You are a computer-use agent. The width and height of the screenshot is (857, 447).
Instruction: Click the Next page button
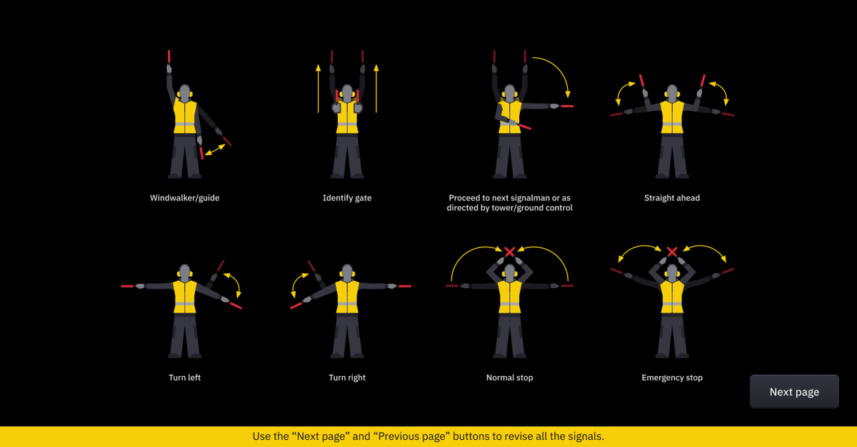click(794, 391)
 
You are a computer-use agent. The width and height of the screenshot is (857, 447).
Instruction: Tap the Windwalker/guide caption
click(184, 198)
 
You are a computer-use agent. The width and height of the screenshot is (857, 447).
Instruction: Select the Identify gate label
click(347, 198)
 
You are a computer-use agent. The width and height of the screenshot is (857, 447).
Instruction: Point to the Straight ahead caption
click(672, 198)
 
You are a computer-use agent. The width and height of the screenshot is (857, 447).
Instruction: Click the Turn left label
click(184, 378)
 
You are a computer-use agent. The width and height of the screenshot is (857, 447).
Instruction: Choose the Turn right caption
click(347, 378)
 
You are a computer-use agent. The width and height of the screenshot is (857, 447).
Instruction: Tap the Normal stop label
click(509, 378)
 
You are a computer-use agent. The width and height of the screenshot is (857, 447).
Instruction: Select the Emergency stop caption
click(672, 378)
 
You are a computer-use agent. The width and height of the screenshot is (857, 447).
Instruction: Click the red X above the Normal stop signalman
click(510, 252)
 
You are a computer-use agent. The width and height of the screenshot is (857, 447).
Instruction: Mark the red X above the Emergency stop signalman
click(672, 252)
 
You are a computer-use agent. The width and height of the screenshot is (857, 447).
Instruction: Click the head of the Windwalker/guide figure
click(185, 93)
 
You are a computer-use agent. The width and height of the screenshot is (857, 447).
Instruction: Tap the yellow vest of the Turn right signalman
click(347, 297)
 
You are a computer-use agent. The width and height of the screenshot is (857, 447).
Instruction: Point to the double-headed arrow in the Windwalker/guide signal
click(215, 149)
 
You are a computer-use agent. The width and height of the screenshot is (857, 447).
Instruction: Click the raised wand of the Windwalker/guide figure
click(169, 57)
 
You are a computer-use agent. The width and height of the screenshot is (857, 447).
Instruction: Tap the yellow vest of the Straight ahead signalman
click(672, 117)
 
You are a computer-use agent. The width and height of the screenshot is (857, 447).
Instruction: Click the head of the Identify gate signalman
click(347, 93)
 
